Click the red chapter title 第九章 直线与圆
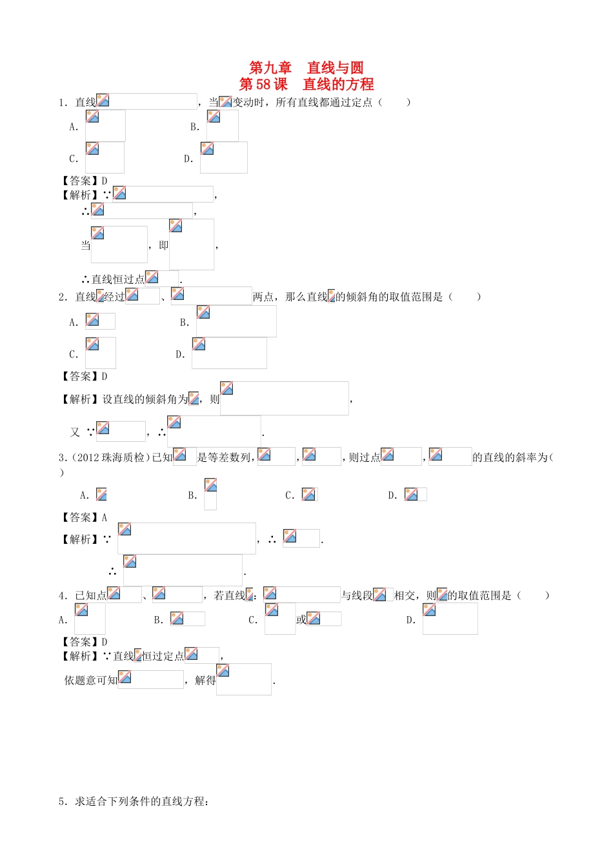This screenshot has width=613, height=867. pos(306,68)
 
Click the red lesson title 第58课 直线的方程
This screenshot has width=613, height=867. pos(306,85)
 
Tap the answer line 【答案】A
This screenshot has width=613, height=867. pos(85,517)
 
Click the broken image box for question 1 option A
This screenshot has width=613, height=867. pos(105,126)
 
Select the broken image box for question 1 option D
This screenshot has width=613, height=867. pos(223,157)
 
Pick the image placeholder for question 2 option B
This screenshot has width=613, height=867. pos(236,321)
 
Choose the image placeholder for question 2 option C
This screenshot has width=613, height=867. pos(101,353)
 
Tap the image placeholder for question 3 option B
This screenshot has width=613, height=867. pos(210,494)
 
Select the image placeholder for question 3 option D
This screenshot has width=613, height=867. pos(415,495)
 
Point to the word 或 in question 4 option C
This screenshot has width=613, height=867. pos(301,620)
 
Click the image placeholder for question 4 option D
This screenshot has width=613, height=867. pos(450,619)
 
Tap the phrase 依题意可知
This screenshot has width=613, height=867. pos(91,680)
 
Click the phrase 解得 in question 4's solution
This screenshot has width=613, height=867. pos(205,680)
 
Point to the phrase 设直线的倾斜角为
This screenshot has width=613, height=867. pos(145,399)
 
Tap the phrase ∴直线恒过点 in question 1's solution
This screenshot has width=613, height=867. pos(113,279)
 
